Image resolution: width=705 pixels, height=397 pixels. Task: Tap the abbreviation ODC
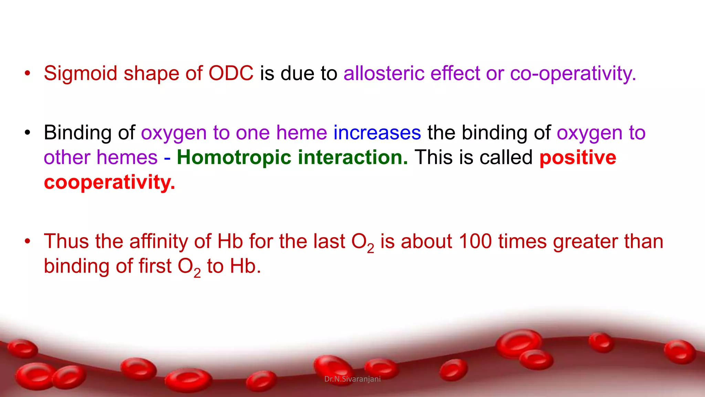pos(231,73)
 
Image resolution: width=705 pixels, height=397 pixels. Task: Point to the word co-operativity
pos(573,73)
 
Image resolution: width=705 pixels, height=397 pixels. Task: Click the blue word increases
pos(377,133)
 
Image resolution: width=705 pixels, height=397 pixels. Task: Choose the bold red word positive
pos(578,157)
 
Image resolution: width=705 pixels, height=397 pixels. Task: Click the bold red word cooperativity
pos(109,182)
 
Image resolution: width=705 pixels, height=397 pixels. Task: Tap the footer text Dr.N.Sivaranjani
pos(352,379)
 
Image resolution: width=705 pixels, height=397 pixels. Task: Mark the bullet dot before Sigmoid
pos(28,73)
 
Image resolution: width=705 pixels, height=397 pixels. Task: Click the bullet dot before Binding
pos(28,133)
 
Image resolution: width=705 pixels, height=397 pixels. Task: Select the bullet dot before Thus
pos(28,241)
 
